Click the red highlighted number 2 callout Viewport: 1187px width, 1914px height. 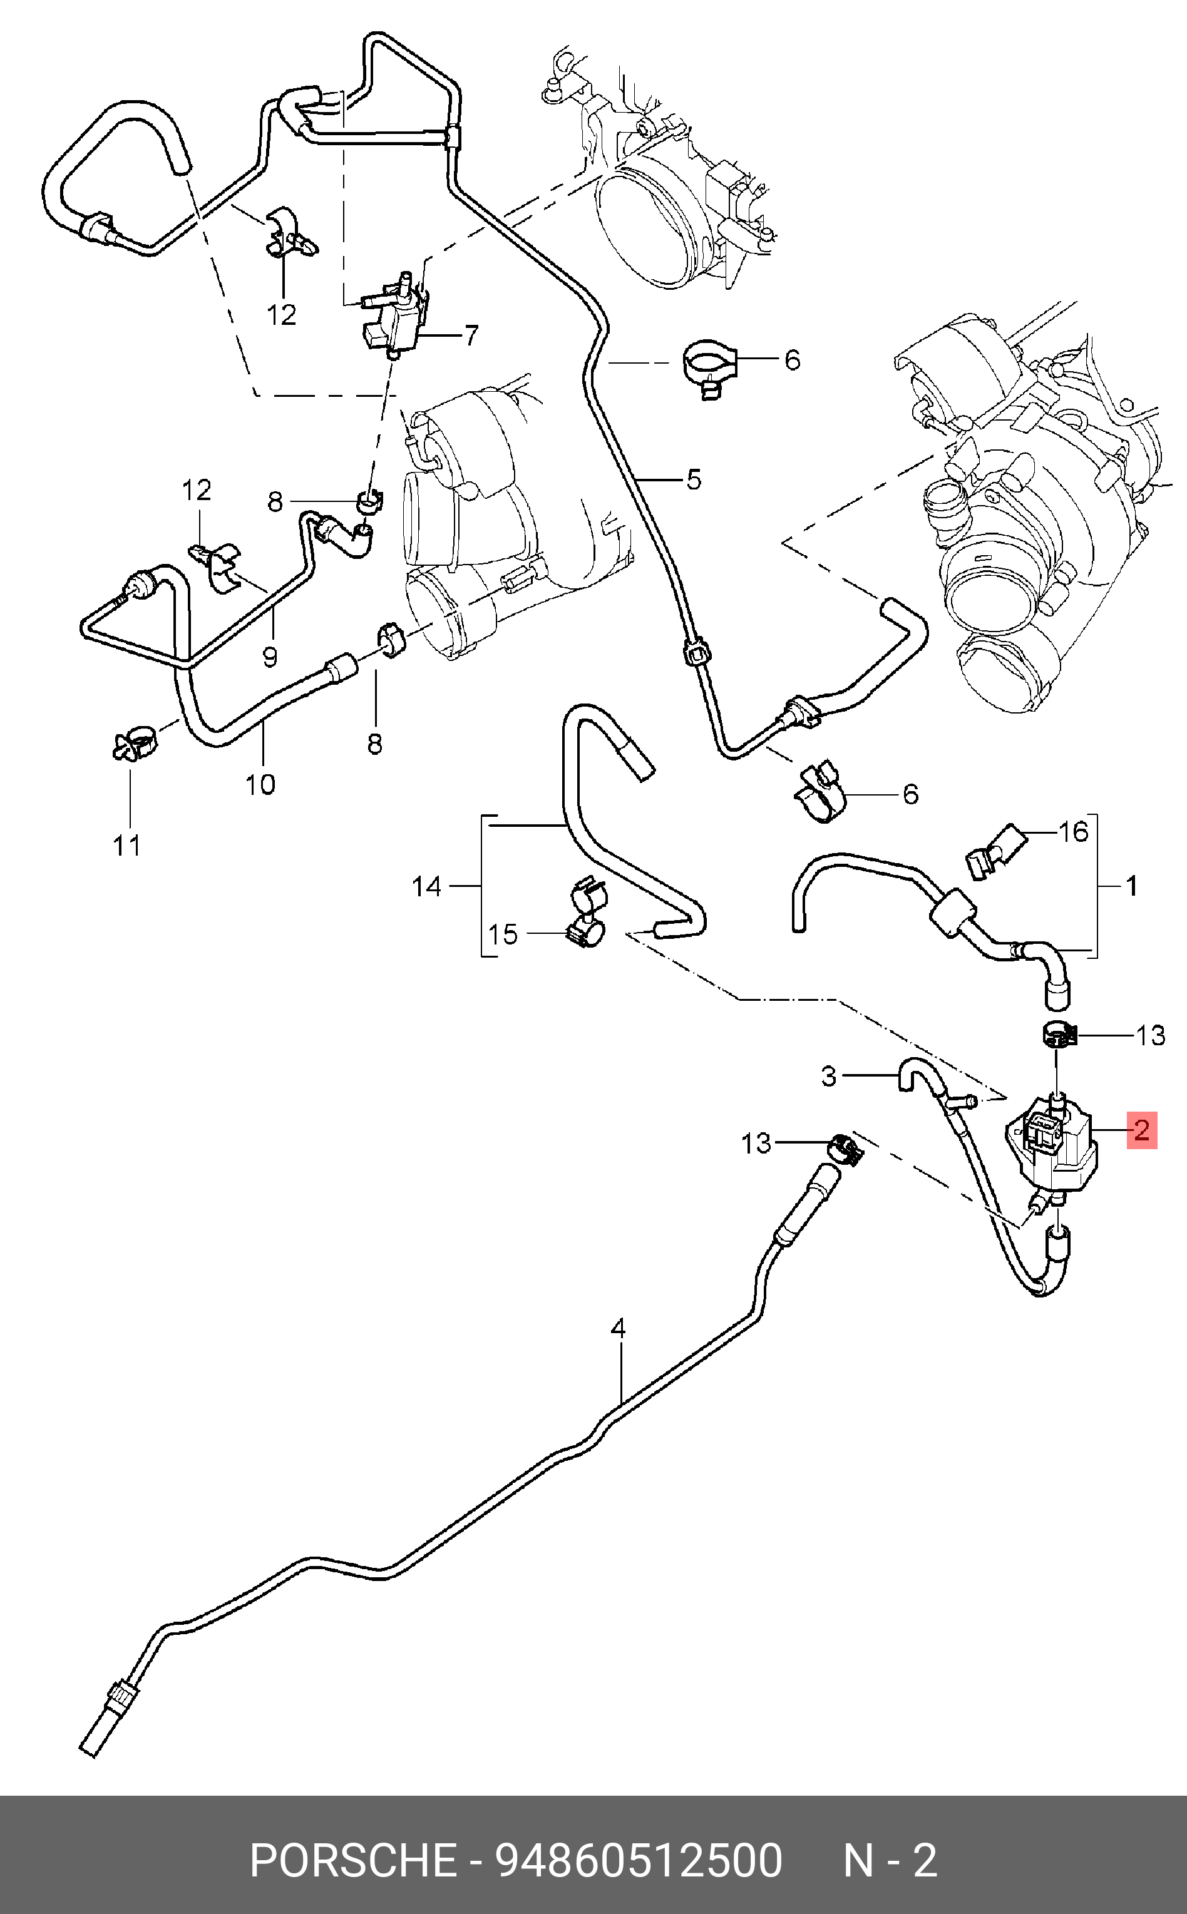(x=1141, y=1129)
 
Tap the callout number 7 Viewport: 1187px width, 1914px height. (x=470, y=336)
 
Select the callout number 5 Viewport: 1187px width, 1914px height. (x=693, y=479)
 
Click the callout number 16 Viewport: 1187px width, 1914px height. (x=1073, y=832)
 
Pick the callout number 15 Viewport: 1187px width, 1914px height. (x=503, y=934)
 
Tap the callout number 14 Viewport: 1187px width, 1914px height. (x=426, y=887)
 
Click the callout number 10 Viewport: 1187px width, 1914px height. (x=260, y=784)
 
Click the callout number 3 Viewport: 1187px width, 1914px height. (x=829, y=1076)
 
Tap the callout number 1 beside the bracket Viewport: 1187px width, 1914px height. (x=1131, y=886)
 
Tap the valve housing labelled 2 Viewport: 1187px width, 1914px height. (x=1052, y=1150)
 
